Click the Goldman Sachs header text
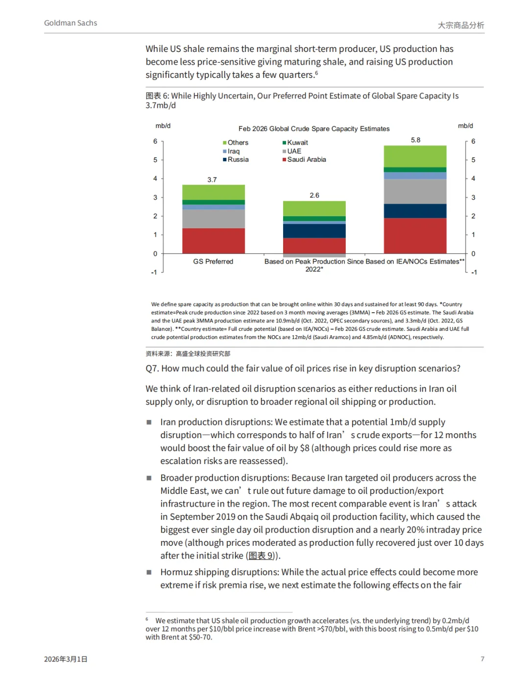(x=71, y=23)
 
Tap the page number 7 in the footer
(x=482, y=659)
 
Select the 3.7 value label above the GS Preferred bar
(x=212, y=180)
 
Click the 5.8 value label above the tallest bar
(x=415, y=140)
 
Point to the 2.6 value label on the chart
(x=314, y=196)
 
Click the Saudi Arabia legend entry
(x=306, y=160)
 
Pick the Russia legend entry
(x=238, y=160)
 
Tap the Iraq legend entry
(x=234, y=151)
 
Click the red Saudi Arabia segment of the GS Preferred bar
(x=213, y=241)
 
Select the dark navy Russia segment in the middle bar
(x=314, y=231)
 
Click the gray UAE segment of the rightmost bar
(x=415, y=191)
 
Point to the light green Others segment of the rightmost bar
(x=415, y=156)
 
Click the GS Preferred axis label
(x=213, y=262)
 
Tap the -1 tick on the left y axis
(x=154, y=272)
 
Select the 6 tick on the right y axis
(x=473, y=142)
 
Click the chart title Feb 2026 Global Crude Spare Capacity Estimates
(x=314, y=129)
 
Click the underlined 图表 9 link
(x=261, y=556)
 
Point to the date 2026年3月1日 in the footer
(x=66, y=660)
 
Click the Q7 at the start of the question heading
(x=152, y=368)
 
